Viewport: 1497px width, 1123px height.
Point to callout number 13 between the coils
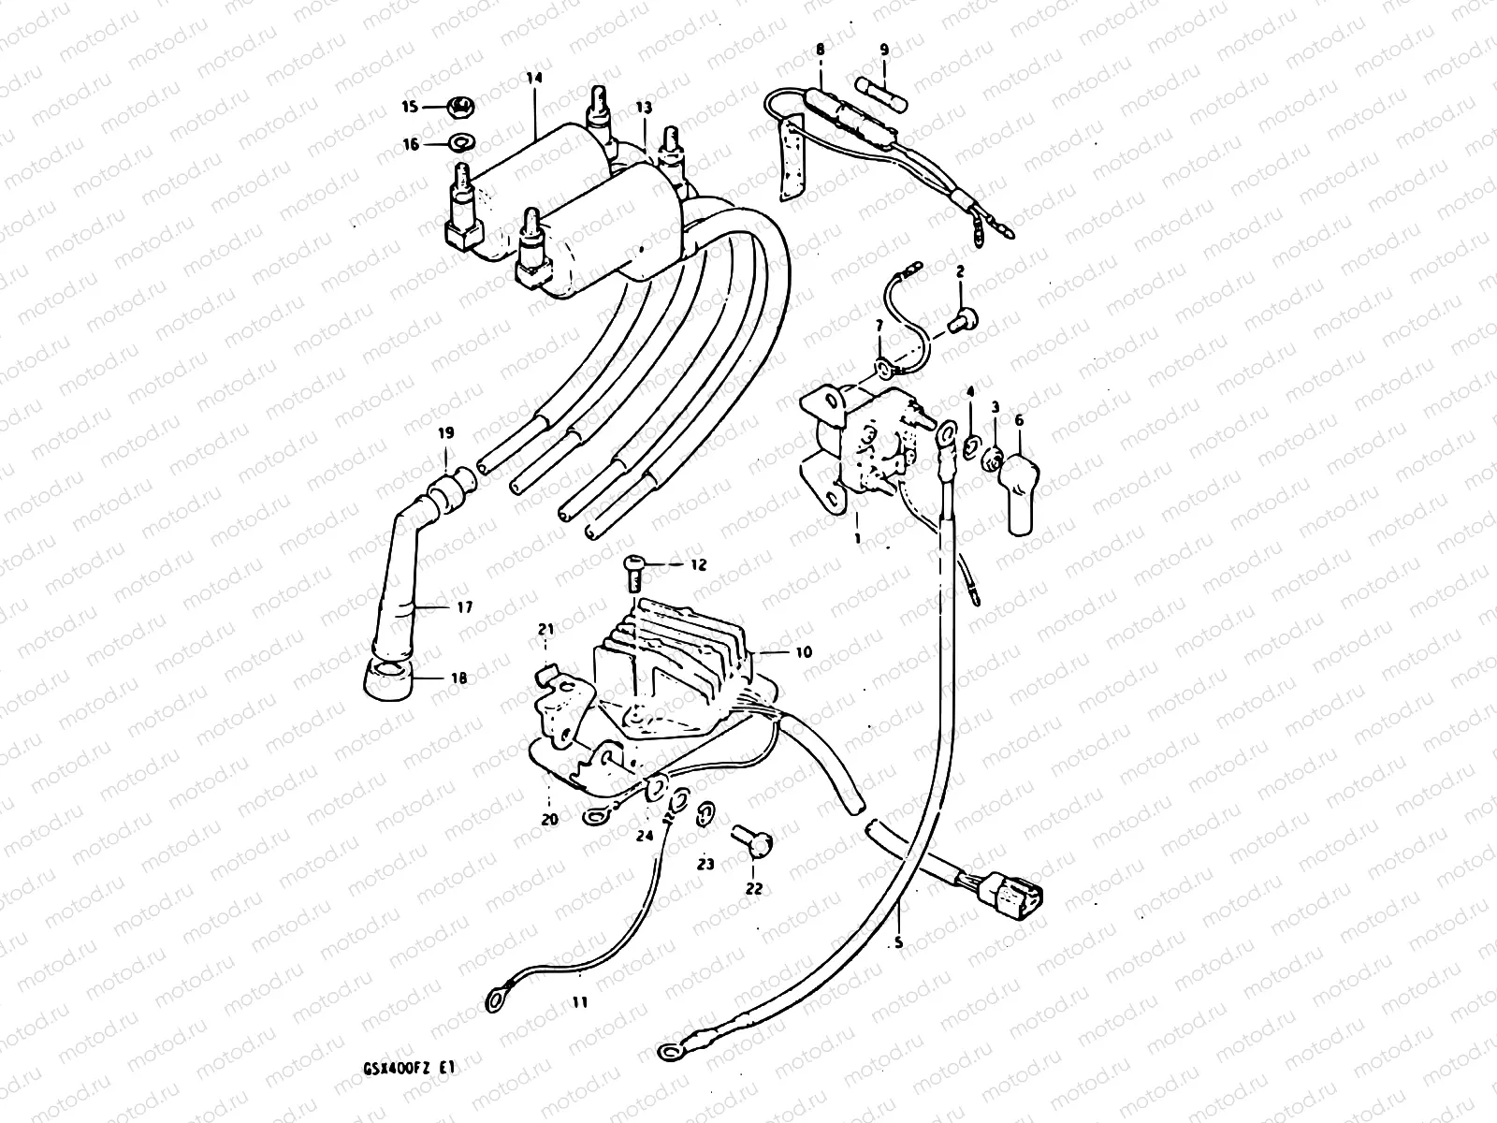click(644, 109)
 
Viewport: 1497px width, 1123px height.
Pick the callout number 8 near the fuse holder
click(821, 48)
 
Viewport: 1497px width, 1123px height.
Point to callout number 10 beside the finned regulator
click(804, 651)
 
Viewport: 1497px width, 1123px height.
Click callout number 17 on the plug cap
click(465, 607)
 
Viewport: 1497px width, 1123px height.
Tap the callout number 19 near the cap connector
click(446, 433)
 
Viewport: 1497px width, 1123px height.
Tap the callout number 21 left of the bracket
click(545, 628)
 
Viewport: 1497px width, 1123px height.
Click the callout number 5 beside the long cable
click(898, 943)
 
